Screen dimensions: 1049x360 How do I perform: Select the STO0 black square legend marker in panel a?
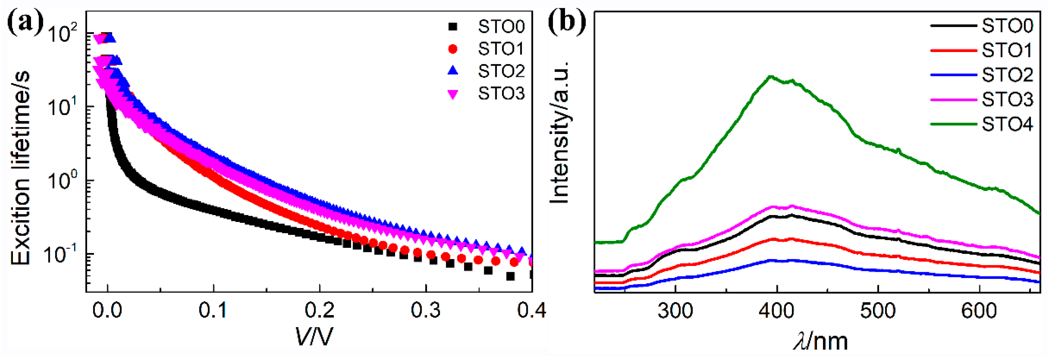click(453, 27)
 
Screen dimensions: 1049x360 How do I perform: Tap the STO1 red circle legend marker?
click(453, 49)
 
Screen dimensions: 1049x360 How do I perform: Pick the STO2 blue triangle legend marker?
click(453, 71)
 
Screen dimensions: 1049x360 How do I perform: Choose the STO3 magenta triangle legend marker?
click(453, 94)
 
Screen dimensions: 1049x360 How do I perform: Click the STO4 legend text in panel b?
click(1007, 124)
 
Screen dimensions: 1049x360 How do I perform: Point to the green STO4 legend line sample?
click(953, 124)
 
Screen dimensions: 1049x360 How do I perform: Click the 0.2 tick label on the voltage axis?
click(320, 311)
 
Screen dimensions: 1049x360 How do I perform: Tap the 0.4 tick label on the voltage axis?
click(532, 311)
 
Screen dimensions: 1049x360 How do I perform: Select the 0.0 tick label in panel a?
click(107, 311)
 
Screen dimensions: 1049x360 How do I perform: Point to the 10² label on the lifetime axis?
click(62, 33)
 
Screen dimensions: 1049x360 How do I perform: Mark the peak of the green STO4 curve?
click(771, 76)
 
